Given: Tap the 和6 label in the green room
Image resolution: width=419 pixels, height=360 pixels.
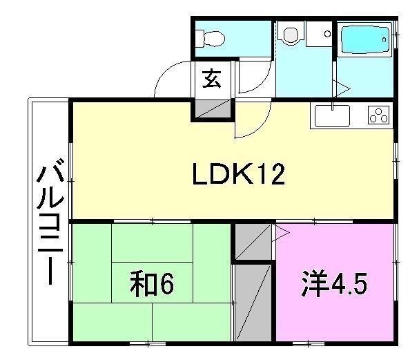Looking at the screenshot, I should click(148, 283).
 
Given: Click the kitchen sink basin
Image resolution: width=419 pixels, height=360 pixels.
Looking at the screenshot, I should click(335, 115).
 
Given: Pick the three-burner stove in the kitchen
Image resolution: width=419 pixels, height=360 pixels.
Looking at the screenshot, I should click(379, 115).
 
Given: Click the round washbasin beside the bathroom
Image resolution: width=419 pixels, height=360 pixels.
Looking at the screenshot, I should click(291, 33).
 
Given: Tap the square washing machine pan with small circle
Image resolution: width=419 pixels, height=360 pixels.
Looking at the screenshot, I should click(320, 32).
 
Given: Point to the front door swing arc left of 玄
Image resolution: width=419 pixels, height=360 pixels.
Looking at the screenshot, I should click(169, 79).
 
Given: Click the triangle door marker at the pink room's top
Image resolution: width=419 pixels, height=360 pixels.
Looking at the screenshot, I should click(281, 233).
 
